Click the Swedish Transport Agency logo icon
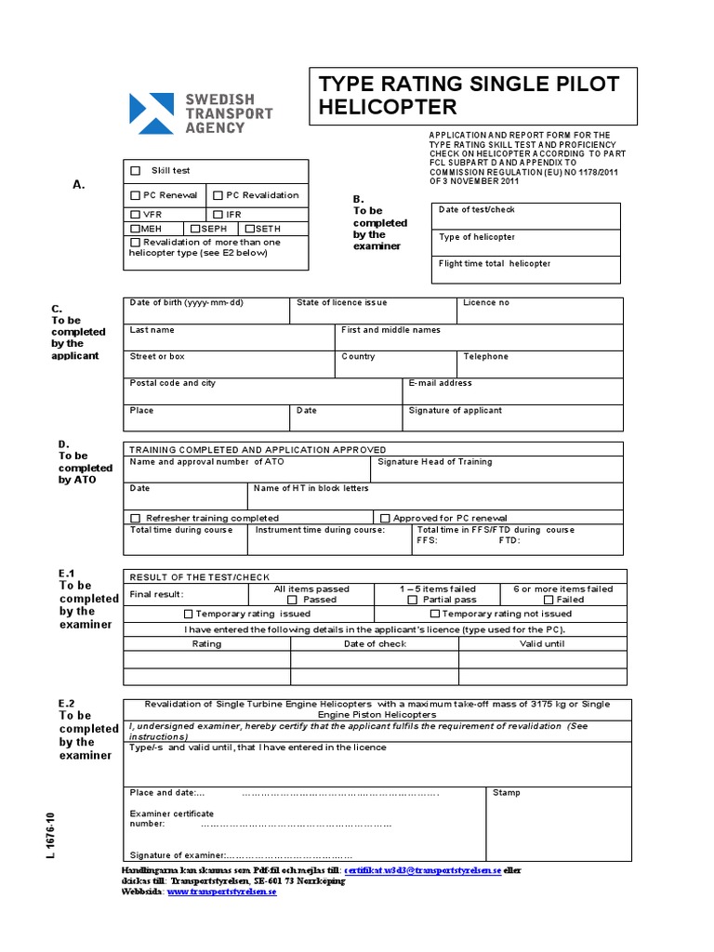(x=151, y=113)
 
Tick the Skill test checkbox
(x=136, y=171)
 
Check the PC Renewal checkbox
(x=136, y=195)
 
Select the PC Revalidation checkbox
(x=218, y=195)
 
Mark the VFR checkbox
(x=136, y=215)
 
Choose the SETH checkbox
(x=249, y=229)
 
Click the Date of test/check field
(x=526, y=216)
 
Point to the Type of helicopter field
(x=526, y=243)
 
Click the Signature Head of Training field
(x=497, y=469)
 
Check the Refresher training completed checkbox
(x=136, y=518)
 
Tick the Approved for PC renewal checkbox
(x=384, y=518)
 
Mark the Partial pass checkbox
(x=413, y=601)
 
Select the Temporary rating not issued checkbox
(x=434, y=615)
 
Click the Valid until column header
(x=542, y=643)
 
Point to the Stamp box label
(x=507, y=793)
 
